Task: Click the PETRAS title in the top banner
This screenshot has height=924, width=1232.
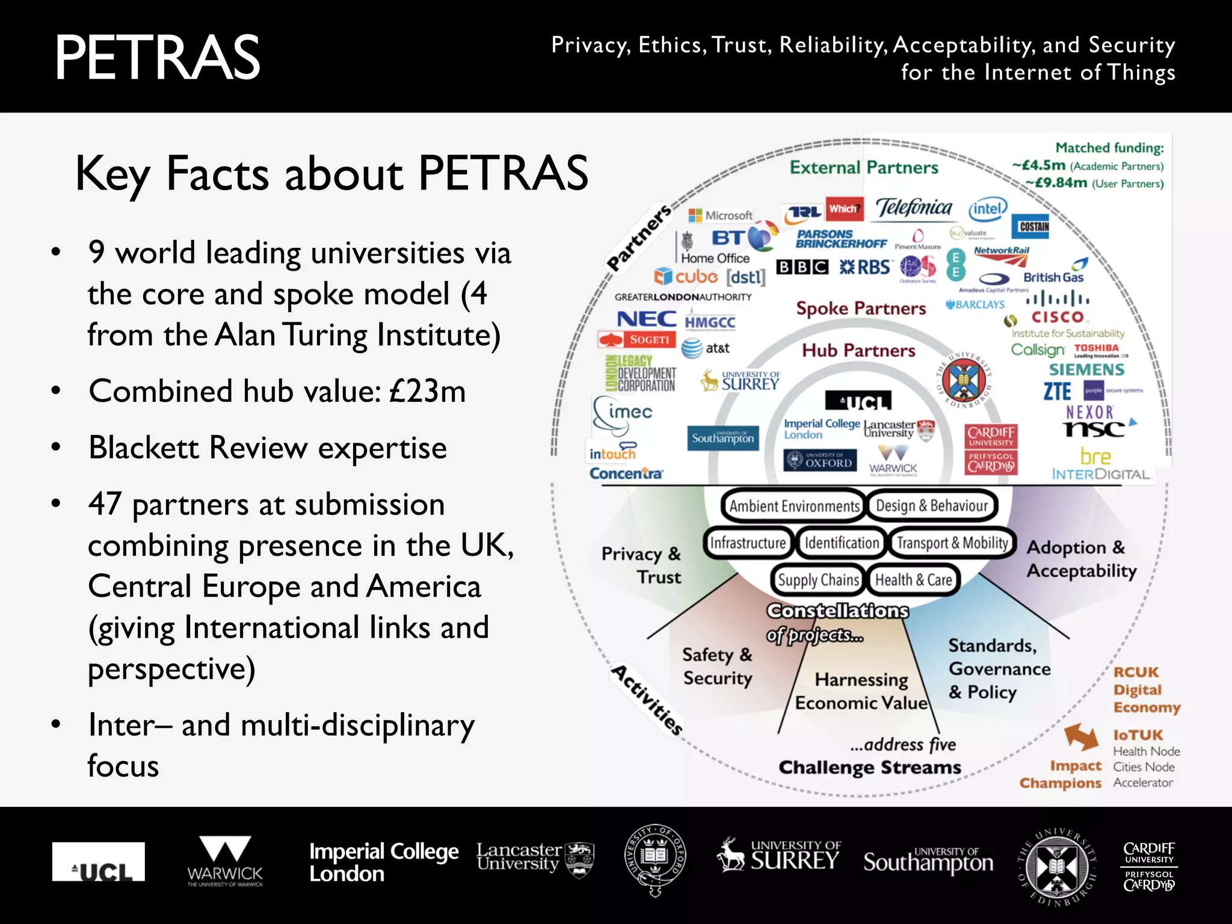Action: (158, 58)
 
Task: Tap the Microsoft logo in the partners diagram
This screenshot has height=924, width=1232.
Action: (721, 215)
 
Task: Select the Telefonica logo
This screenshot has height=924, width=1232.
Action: (914, 208)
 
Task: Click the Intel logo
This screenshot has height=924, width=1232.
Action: (988, 209)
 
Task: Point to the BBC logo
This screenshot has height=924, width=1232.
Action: (802, 267)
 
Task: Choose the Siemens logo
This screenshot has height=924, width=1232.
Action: (1086, 369)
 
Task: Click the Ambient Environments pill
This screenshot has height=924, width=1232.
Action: (793, 506)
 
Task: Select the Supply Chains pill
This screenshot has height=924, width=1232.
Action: (818, 580)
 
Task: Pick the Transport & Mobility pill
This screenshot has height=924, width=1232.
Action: (952, 543)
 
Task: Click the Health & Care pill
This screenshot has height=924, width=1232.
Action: (913, 580)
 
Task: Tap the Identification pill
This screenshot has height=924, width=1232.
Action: (841, 543)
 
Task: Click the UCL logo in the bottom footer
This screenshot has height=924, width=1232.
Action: (99, 862)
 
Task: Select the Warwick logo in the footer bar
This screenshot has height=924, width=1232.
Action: (225, 861)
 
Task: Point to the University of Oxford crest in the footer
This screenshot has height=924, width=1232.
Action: (655, 858)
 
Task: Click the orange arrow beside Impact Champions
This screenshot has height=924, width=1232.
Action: (1081, 737)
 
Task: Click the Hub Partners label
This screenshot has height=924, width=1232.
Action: (858, 350)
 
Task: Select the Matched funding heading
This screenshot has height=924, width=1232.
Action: (1109, 148)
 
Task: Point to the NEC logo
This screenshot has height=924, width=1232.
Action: (647, 319)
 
